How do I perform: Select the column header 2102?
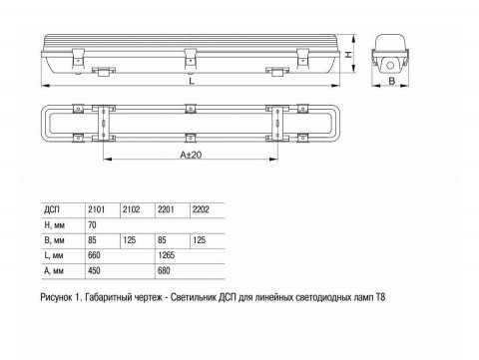click(x=130, y=209)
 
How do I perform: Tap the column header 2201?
click(x=166, y=209)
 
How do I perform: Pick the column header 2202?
click(x=202, y=209)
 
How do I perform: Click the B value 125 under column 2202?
click(x=200, y=241)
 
